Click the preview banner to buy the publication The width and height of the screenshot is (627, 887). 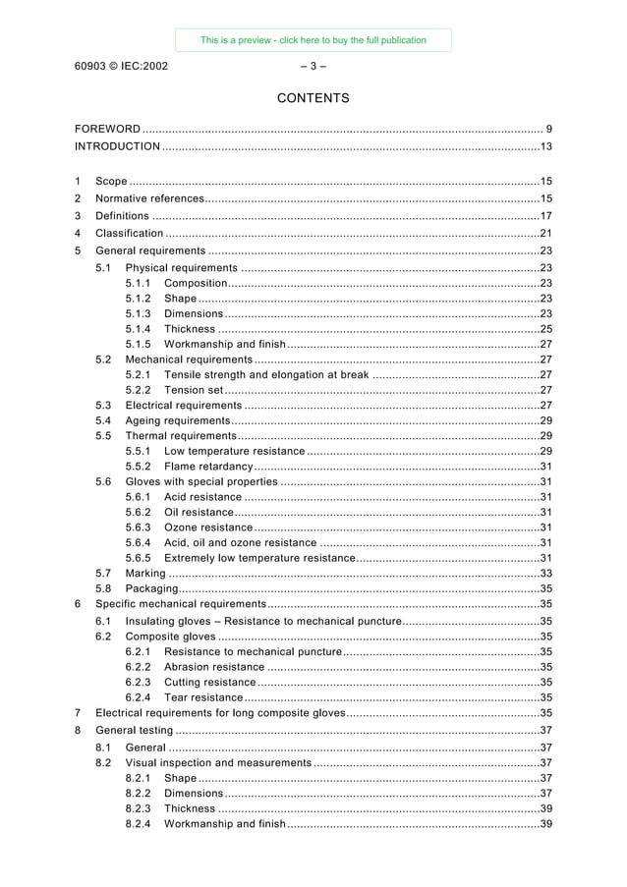(313, 40)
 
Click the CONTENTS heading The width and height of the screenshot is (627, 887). (313, 98)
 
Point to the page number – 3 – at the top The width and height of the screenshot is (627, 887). (313, 67)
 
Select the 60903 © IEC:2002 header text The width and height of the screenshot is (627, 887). (121, 67)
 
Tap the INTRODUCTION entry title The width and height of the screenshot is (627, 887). (118, 146)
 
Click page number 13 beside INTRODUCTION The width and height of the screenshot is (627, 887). (546, 146)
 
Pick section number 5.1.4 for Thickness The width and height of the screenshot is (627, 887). (139, 329)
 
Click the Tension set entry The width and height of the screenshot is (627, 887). (194, 390)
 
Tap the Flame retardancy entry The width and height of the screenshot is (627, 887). (208, 467)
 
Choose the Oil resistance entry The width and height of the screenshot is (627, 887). (199, 512)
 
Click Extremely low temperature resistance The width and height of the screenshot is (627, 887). (259, 558)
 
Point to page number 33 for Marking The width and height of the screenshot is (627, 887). (546, 574)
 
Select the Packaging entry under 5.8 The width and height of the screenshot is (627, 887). (151, 588)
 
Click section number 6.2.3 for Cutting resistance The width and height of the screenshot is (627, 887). (139, 682)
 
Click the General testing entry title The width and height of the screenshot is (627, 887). (135, 730)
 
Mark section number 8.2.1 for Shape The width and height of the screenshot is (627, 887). (139, 778)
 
